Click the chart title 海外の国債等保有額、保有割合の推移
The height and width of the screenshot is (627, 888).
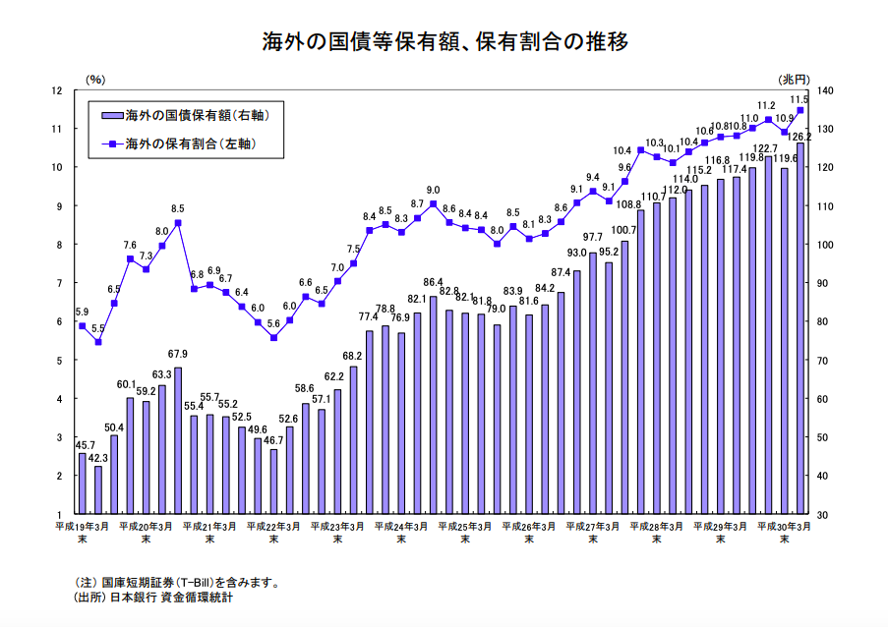(x=444, y=42)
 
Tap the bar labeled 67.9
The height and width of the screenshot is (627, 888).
(x=178, y=440)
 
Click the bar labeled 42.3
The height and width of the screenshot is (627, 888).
(x=98, y=489)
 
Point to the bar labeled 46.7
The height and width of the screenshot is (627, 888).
(x=273, y=482)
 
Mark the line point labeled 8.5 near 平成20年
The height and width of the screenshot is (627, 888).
(x=178, y=223)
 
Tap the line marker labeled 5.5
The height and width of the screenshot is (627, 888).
(x=98, y=342)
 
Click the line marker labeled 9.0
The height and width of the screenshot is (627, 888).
(x=434, y=204)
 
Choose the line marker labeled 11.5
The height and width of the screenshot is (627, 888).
(x=799, y=110)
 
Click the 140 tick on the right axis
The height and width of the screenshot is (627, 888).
(x=824, y=90)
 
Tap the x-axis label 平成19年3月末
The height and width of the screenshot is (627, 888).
(x=82, y=533)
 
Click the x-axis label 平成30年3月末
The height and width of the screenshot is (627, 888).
(x=784, y=533)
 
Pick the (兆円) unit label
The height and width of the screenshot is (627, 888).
(x=794, y=78)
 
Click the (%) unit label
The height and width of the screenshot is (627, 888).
(x=94, y=78)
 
